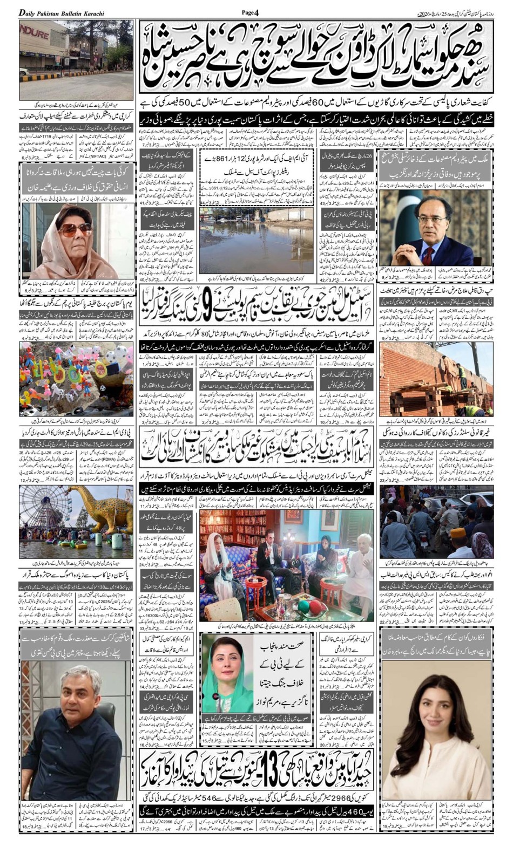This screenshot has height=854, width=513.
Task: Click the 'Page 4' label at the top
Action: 250,12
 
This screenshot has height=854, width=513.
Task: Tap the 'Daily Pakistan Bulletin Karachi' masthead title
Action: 62,12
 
